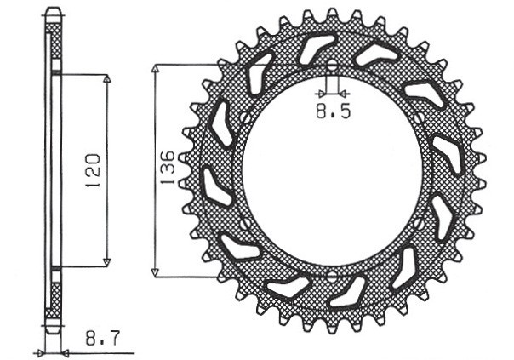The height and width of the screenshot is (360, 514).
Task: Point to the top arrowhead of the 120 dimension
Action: tap(107, 79)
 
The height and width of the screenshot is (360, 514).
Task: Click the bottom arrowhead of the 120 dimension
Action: tap(107, 262)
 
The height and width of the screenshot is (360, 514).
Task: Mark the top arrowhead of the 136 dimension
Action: tap(155, 69)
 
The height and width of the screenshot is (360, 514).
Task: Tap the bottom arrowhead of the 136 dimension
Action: tap(155, 271)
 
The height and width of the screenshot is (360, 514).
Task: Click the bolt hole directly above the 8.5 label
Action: tap(332, 66)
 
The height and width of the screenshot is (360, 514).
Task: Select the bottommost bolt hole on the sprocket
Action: tap(332, 277)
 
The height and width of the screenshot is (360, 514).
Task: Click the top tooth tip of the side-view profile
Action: tap(53, 11)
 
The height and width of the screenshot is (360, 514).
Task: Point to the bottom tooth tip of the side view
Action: tap(53, 330)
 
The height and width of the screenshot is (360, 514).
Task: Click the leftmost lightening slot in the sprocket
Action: tap(213, 187)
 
